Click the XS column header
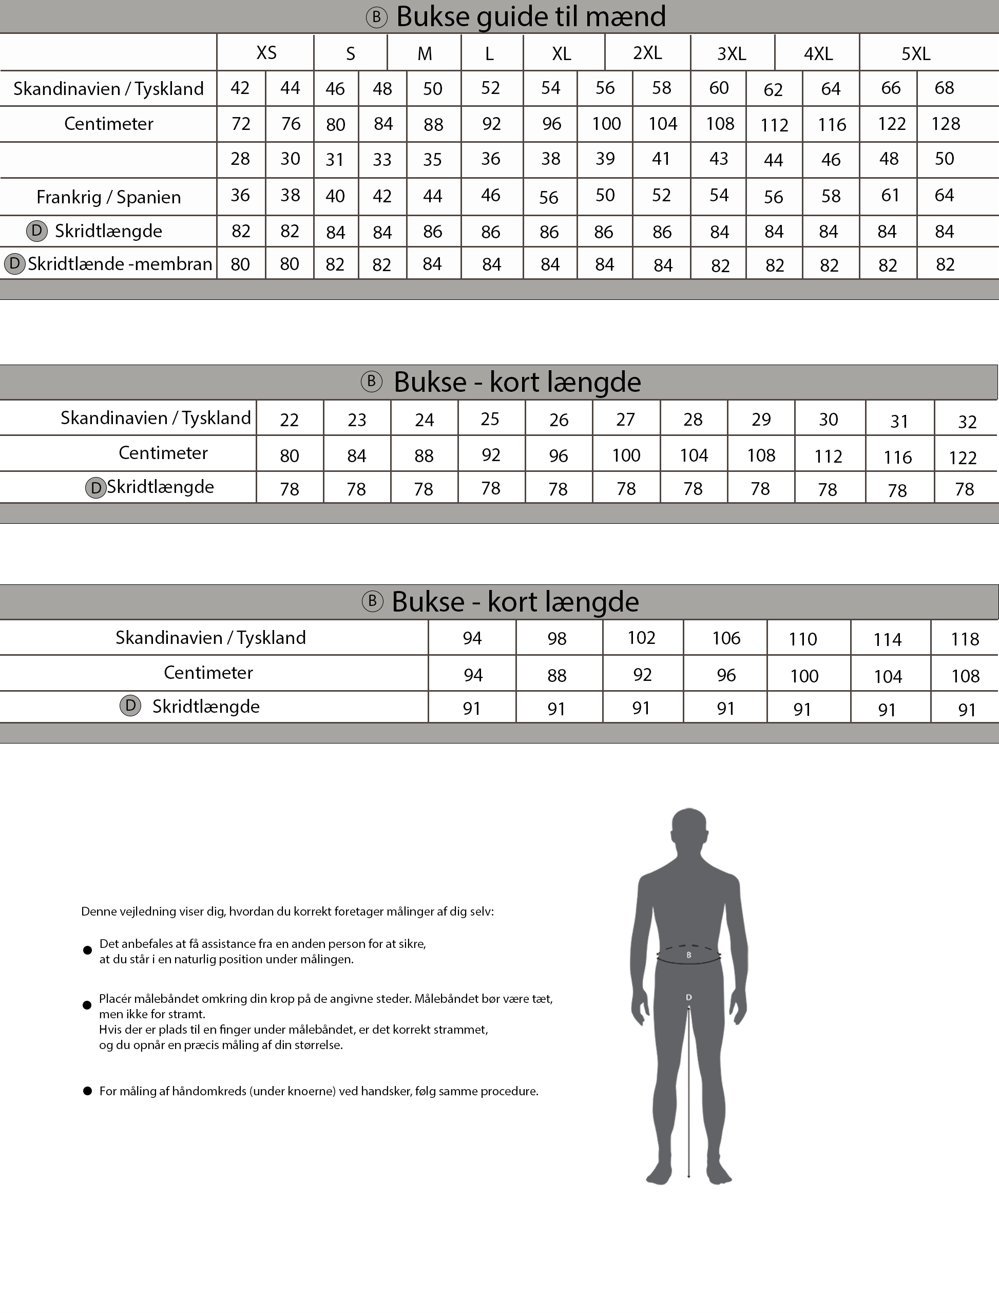(266, 53)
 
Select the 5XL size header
(915, 54)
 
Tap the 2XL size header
(647, 53)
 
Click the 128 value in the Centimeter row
(946, 124)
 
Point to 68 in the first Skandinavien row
(944, 88)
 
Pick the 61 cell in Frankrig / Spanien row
(890, 195)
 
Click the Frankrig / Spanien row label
(108, 197)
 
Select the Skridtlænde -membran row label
(120, 263)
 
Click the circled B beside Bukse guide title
(376, 17)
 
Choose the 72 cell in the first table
(241, 124)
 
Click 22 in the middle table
(289, 420)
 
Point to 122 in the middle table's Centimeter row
(963, 458)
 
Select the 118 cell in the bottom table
(965, 639)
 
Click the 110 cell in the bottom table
(803, 639)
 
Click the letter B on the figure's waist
(688, 955)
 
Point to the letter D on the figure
(688, 997)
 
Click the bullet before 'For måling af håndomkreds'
(87, 1091)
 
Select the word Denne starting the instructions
(98, 911)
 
